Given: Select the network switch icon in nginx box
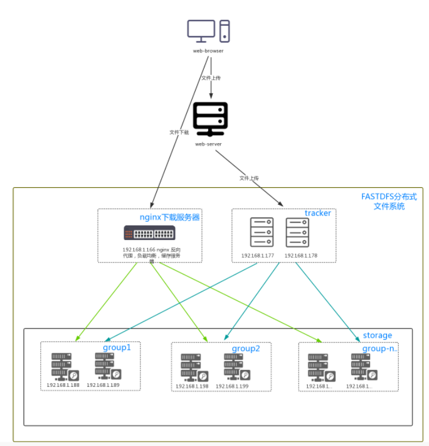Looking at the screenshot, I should [149, 234].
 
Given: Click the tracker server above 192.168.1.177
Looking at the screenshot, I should [261, 232].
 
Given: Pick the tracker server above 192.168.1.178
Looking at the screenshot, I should [297, 232].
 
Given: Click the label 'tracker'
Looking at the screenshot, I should [317, 214].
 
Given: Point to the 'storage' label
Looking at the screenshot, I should [377, 335].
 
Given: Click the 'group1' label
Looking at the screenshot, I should [117, 347].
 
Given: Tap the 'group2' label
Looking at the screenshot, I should [246, 349].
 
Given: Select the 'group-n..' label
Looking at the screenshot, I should [381, 348].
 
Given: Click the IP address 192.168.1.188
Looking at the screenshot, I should [63, 385].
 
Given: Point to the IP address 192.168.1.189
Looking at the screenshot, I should [103, 385].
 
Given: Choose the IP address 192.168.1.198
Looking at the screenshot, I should [192, 386].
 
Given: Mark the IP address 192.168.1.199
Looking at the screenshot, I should [232, 386].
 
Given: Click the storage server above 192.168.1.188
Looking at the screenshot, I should [61, 366].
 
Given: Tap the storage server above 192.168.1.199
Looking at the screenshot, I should [233, 367].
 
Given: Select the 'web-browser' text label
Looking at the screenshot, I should [208, 50].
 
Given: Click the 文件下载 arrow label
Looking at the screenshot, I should [179, 133].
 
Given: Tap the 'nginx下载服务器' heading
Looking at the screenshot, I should [169, 217].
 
